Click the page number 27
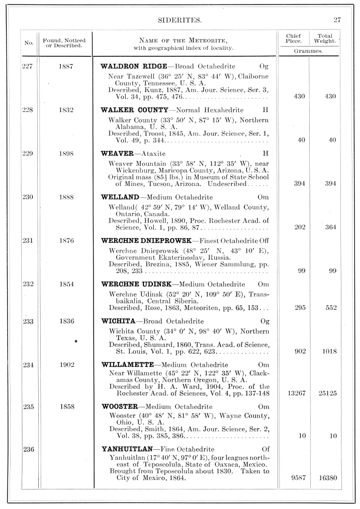tap(337, 21)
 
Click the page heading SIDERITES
tap(179, 21)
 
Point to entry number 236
tap(28, 449)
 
